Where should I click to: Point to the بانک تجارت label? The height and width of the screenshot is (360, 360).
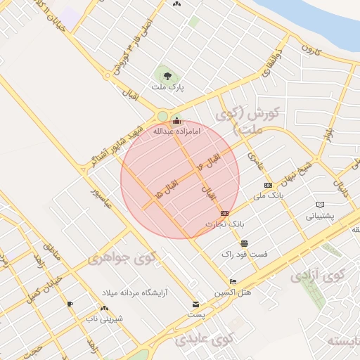224,224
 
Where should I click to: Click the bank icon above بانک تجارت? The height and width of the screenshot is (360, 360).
224,213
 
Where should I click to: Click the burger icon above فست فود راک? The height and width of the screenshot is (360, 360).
244,243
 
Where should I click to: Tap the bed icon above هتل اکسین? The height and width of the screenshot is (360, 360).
233,281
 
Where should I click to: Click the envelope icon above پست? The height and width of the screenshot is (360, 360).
196,304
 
